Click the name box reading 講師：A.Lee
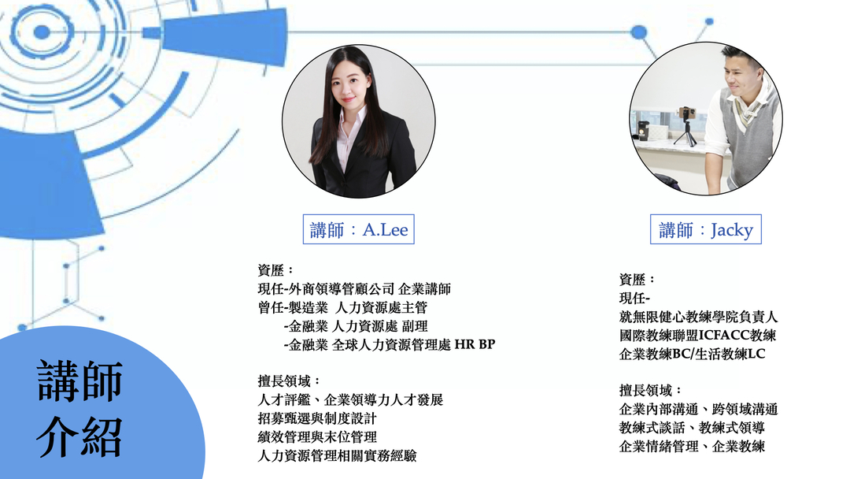coord(358,229)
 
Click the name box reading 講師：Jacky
coord(706,229)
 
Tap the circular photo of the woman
coord(358,121)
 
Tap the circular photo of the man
coord(706,118)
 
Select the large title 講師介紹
coord(80,408)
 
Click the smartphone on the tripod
coord(687,113)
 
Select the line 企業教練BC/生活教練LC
coord(693,355)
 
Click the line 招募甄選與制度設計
coord(317,418)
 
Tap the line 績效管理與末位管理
coord(317,436)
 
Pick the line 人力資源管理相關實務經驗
coord(337,455)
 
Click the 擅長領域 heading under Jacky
coord(650,390)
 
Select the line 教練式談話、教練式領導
coord(692,428)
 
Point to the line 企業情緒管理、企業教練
coord(692,447)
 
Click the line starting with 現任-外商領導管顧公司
coord(354,288)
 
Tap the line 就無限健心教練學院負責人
coord(698,317)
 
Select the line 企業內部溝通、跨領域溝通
coord(698,409)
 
